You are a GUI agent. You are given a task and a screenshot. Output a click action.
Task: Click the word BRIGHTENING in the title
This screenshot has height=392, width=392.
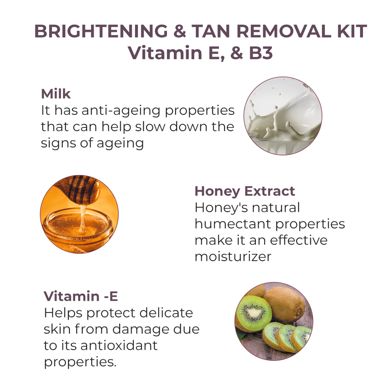101,31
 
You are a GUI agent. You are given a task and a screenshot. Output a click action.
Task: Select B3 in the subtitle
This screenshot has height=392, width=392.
261,53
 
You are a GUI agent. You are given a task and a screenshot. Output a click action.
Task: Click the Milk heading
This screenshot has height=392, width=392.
56,94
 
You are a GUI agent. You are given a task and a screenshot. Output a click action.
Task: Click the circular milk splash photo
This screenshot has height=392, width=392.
283,116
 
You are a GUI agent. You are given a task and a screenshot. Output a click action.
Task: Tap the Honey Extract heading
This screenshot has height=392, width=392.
245,191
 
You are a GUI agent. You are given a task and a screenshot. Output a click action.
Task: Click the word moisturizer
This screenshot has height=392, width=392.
233,256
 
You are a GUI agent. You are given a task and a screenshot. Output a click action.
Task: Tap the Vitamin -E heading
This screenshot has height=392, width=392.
81,296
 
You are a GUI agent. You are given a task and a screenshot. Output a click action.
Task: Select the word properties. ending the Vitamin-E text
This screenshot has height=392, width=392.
80,362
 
